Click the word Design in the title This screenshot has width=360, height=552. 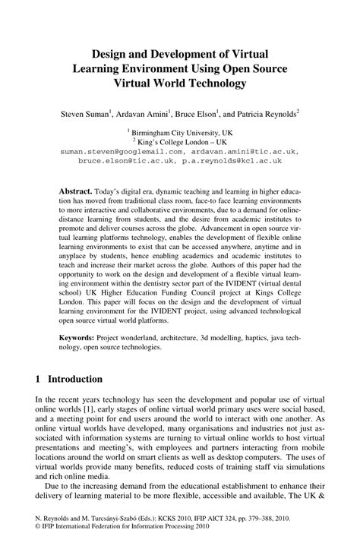pos(110,54)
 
